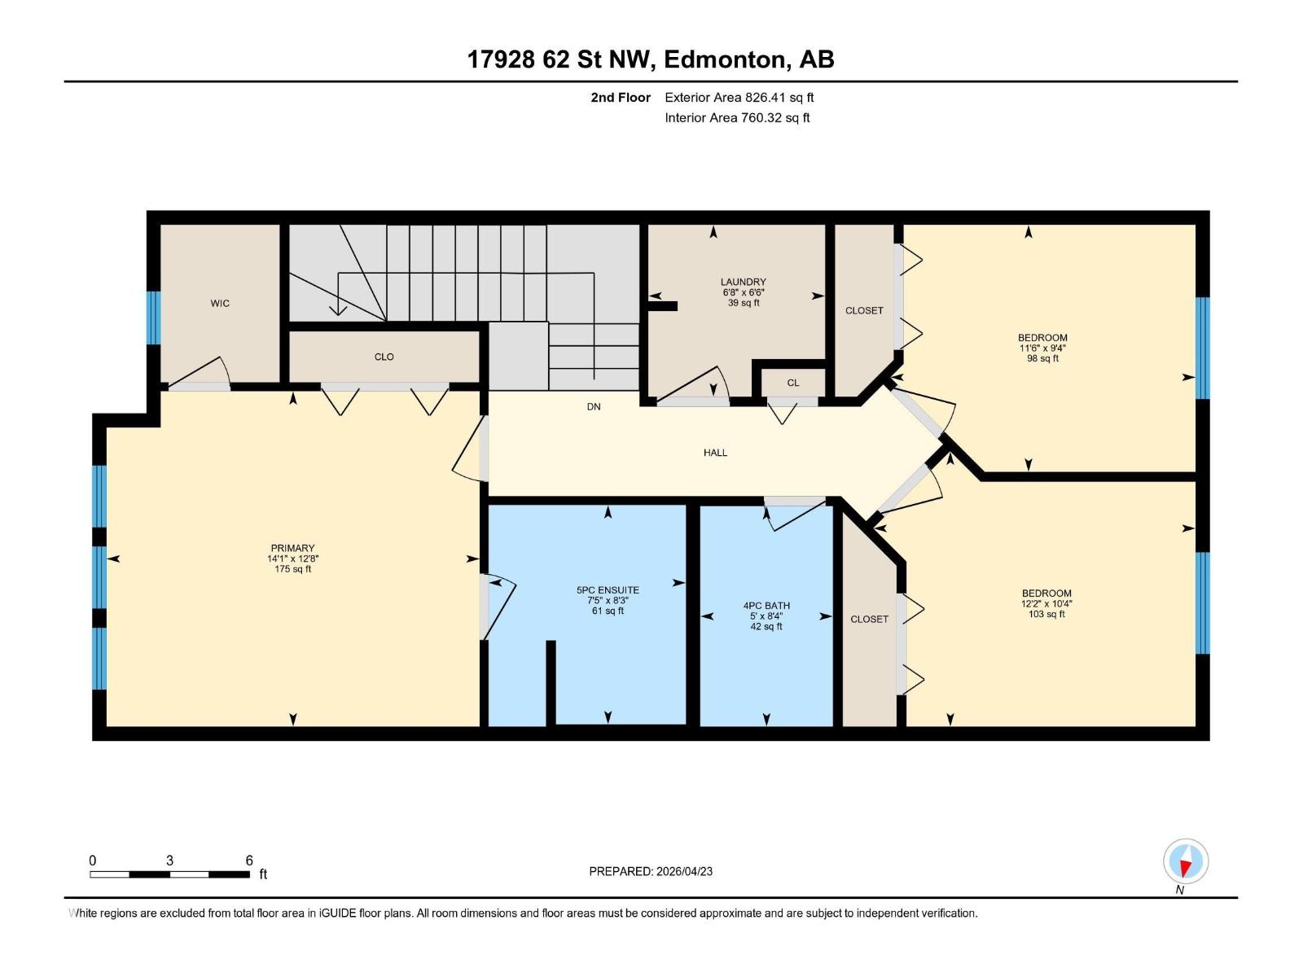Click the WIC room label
point(220,304)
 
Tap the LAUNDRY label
point(744,282)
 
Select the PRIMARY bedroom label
point(292,548)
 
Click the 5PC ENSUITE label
point(608,590)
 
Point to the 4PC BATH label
point(766,606)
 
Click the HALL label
point(715,453)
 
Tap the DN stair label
point(594,407)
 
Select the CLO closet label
point(384,357)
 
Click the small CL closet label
point(793,383)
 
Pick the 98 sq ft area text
point(1042,358)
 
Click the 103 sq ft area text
point(1046,614)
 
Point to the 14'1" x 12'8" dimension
point(292,559)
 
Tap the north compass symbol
point(1186,861)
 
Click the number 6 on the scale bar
point(249,860)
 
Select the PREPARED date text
point(651,871)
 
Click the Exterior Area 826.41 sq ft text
point(739,97)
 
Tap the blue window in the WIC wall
point(153,318)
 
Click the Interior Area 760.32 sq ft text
point(737,117)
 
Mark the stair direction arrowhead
point(338,310)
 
